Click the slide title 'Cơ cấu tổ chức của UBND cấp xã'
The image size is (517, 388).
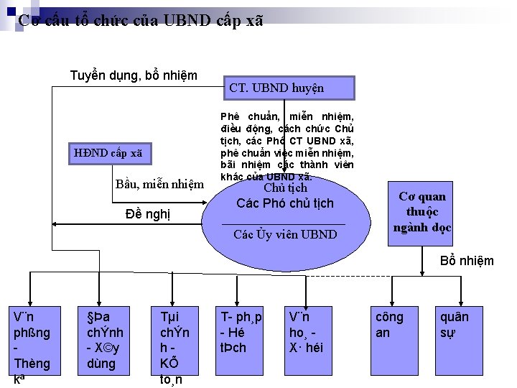click(x=141, y=20)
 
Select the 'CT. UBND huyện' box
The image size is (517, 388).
click(x=290, y=88)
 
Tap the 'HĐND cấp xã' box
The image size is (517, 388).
click(x=108, y=152)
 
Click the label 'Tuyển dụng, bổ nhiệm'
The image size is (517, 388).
click(x=134, y=75)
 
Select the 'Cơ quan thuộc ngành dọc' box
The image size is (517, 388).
click(x=422, y=211)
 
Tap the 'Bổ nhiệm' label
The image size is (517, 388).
click(x=467, y=261)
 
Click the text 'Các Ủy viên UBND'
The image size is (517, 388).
click(x=285, y=234)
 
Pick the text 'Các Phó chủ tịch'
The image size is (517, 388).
click(x=285, y=203)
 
